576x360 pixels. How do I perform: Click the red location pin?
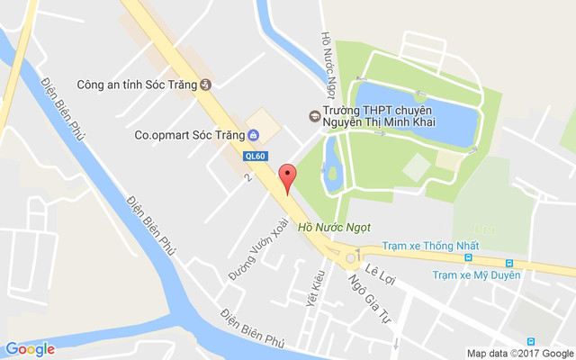pos(287,177)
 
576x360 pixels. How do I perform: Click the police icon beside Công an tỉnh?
pos(205,85)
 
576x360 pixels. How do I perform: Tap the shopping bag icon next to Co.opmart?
pos(253,136)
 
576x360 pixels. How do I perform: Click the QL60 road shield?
pos(254,155)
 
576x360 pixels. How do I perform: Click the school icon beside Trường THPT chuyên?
pos(314,115)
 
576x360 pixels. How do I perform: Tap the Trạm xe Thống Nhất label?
pos(427,245)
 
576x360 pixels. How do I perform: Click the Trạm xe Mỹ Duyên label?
pos(476,274)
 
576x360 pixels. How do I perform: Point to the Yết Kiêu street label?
pos(316,287)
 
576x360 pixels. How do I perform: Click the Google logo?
pos(30,349)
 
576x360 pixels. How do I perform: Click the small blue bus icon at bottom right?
pos(531,341)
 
